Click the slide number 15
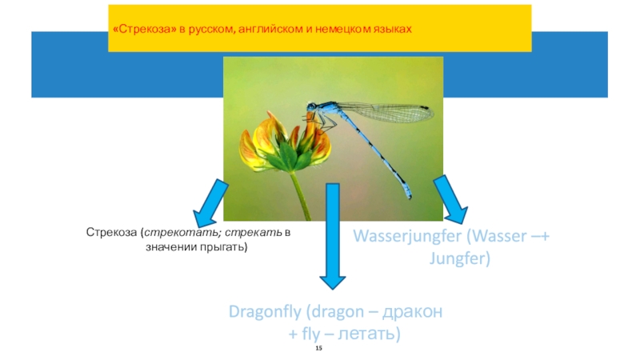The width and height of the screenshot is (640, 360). tap(319, 351)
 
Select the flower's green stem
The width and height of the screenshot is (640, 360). tap(299, 195)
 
